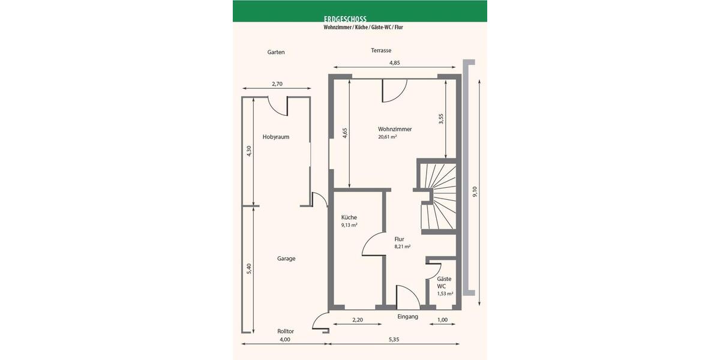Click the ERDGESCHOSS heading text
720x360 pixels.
344,19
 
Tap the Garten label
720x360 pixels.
276,52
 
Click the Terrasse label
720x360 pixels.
381,51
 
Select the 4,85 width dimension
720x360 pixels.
394,62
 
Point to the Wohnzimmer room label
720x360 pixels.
395,129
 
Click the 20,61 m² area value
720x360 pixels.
388,137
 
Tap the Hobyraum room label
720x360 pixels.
276,137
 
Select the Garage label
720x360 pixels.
286,259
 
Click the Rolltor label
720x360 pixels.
286,331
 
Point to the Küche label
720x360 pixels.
349,217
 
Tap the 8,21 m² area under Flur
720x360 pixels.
402,247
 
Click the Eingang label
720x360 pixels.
407,316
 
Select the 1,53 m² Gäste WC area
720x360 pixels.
445,294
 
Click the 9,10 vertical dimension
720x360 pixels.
475,192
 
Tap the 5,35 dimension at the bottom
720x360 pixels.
394,340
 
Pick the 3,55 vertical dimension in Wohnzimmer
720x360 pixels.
441,119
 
